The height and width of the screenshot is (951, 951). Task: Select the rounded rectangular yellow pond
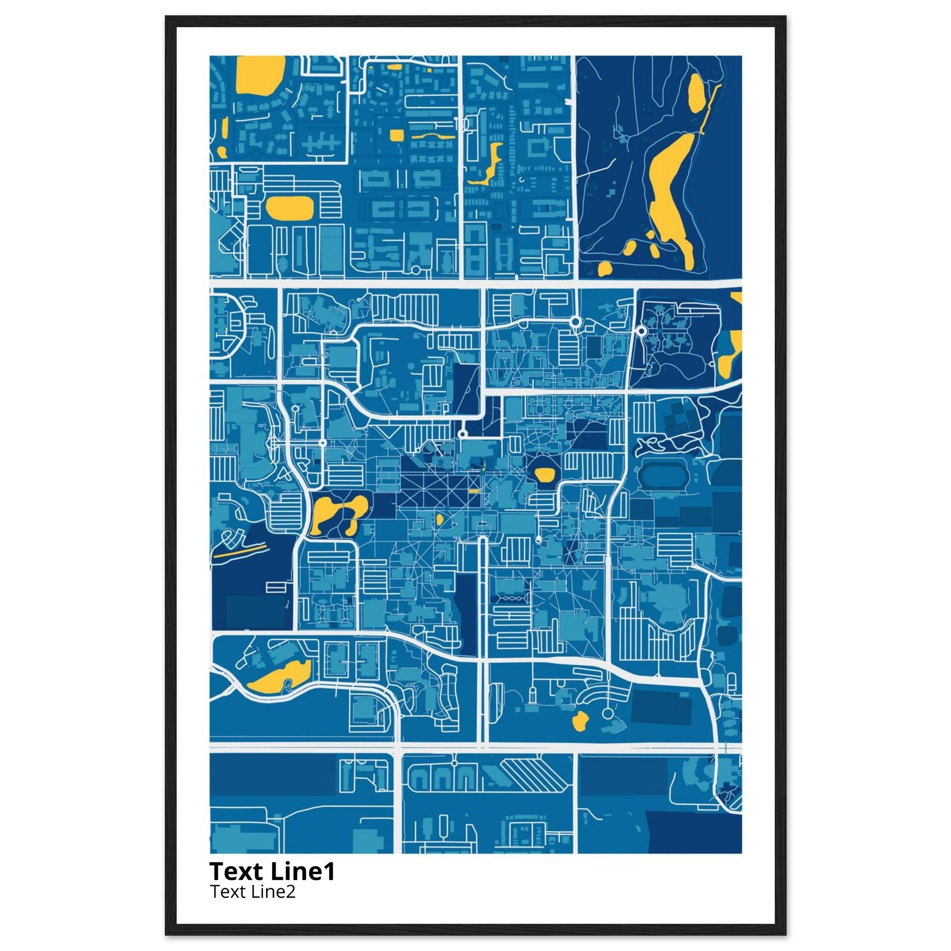pos(289,208)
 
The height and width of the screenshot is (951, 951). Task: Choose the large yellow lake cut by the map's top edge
pos(260,74)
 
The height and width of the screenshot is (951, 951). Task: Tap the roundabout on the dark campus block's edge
pos(641,331)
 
